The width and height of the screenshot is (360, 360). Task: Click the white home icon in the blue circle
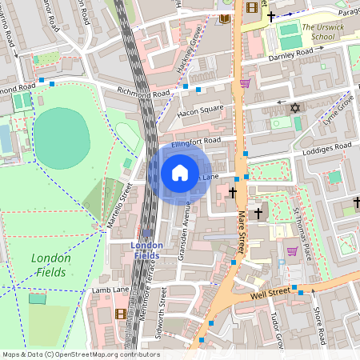pos(180,173)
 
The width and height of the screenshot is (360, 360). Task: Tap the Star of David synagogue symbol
pos(293,107)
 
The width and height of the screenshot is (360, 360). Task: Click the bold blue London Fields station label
pos(146,250)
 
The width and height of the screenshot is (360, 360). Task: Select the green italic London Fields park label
pos(50,266)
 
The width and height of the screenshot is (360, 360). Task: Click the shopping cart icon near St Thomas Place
pos(292,251)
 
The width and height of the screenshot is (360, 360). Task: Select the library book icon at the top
pos(225,18)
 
